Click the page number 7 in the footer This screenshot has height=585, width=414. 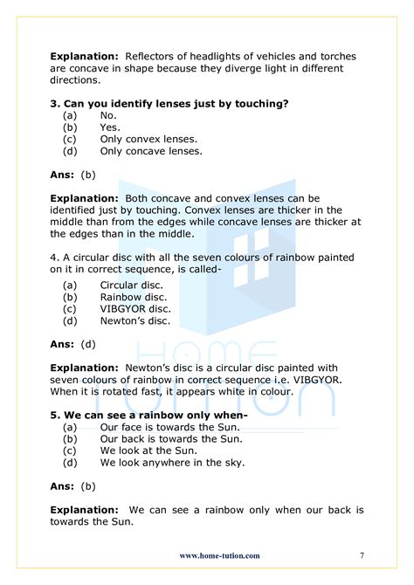click(362, 555)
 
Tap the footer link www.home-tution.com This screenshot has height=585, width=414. click(219, 555)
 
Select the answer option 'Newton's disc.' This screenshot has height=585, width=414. click(135, 320)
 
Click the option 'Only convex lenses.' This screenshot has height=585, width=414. click(148, 139)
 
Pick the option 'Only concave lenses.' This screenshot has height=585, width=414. click(151, 151)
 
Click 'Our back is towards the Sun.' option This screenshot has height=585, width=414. click(171, 438)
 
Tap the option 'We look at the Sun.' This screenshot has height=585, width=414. click(148, 450)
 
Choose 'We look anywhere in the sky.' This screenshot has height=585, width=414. click(172, 462)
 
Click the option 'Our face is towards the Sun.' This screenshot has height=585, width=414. click(169, 427)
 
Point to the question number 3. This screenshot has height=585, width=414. click(54, 104)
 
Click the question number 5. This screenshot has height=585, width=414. click(54, 415)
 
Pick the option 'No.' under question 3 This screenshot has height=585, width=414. click(108, 115)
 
